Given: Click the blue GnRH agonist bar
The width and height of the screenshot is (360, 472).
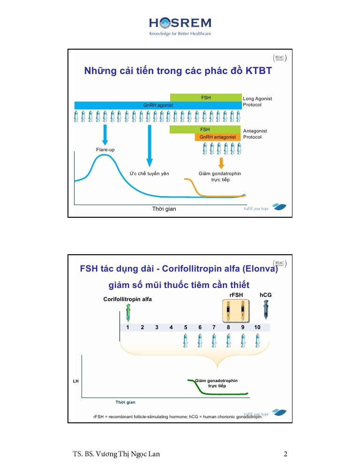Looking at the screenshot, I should point(158,105).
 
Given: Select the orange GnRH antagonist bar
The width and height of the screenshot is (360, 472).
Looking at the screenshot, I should point(217,137).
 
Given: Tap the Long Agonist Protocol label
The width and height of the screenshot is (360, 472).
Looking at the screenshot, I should point(257,102).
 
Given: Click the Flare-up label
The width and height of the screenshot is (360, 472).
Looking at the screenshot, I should point(105,150).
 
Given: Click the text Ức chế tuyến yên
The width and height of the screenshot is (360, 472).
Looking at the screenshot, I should point(149,174).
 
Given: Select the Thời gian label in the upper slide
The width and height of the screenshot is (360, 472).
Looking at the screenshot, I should point(164,209).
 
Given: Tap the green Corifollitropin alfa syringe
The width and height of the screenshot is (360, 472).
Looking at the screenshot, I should point(128,312).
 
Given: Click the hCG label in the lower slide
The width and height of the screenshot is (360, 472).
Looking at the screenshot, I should point(266,295).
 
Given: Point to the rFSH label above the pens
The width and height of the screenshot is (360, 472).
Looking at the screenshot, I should point(236,295).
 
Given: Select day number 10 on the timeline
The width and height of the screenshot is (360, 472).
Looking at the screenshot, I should point(257,327).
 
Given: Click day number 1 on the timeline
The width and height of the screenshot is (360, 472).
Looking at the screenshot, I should point(128,327).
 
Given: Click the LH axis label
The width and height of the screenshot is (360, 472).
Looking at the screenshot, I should point(75,382).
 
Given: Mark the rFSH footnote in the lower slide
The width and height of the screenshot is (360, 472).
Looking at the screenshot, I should point(178,416).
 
